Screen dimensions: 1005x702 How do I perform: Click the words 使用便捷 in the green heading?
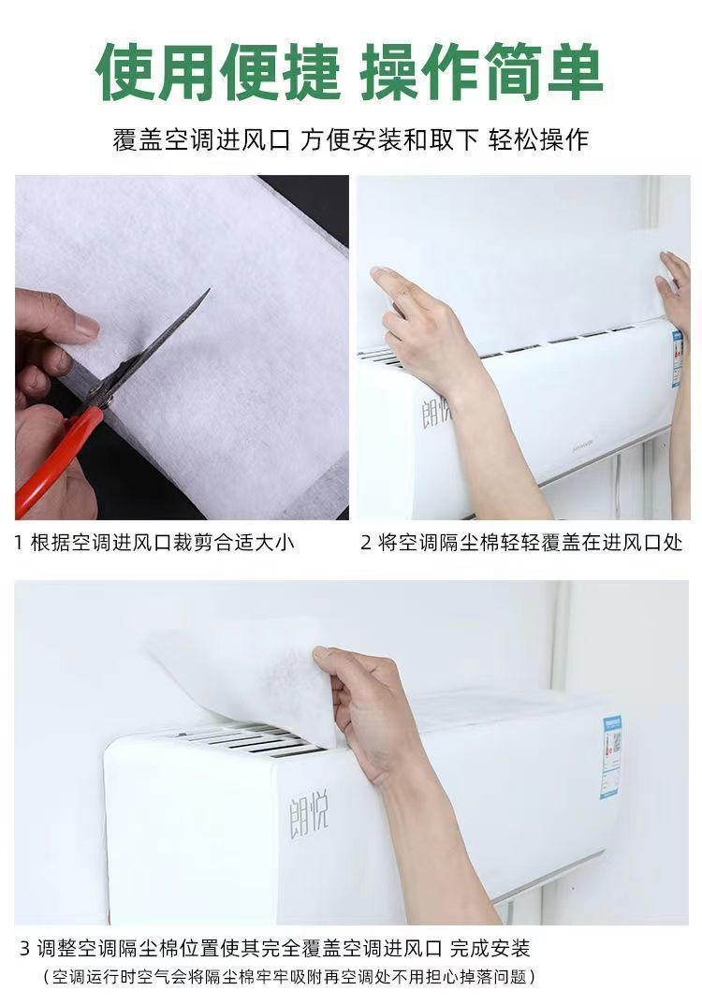coord(219,73)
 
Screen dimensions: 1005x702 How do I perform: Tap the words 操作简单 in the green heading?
coord(482,73)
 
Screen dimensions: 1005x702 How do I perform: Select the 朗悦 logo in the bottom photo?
coord(309,809)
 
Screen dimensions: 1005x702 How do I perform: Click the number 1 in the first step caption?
coord(20,543)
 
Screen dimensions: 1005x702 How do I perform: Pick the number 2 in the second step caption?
coord(366,543)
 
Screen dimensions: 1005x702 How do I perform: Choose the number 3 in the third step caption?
coord(25,948)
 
